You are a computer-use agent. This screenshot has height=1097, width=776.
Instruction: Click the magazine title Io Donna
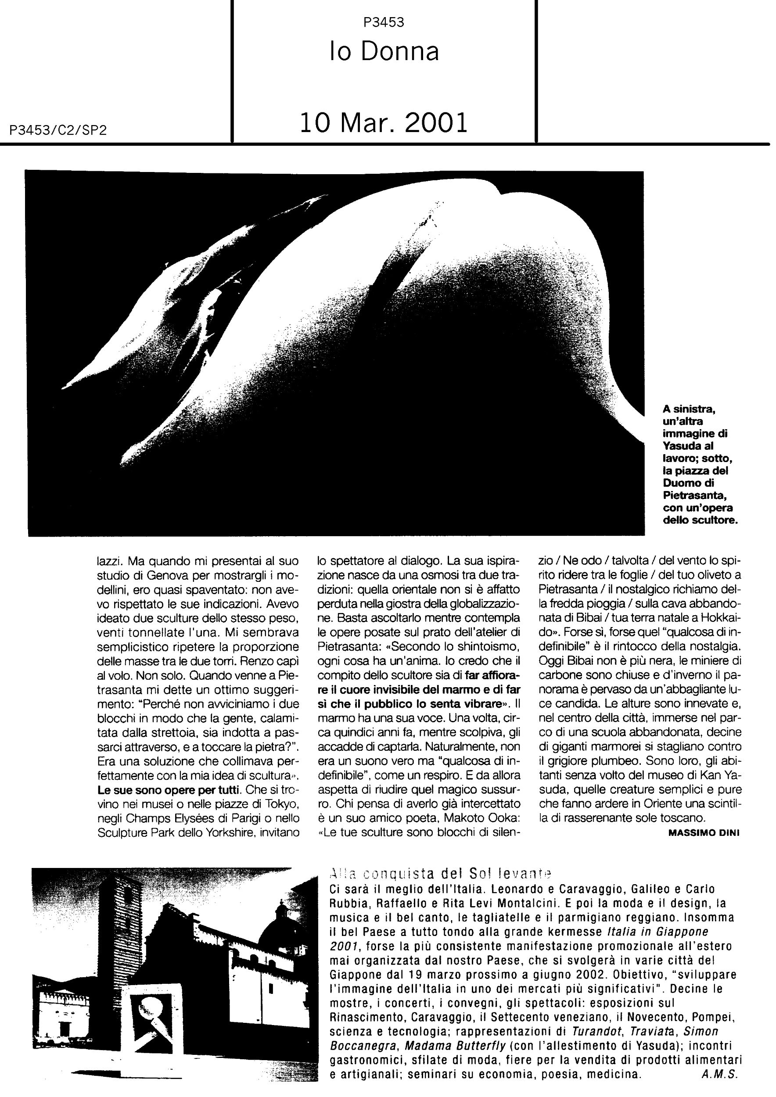pyautogui.click(x=384, y=52)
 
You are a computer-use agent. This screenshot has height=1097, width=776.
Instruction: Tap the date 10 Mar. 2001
pyautogui.click(x=384, y=123)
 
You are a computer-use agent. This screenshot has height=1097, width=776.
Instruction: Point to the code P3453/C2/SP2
pyautogui.click(x=58, y=131)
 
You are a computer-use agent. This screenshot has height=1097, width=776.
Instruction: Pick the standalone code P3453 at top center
pyautogui.click(x=384, y=22)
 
